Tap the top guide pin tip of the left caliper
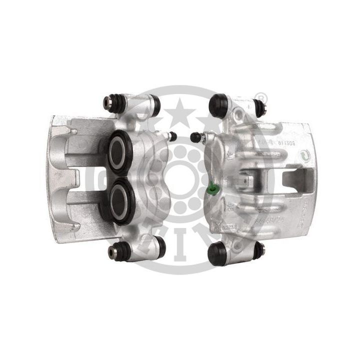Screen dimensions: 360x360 coord(107,102)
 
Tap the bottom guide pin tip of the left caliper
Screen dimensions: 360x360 coord(112,251)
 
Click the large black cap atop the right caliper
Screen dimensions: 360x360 coord(218,105)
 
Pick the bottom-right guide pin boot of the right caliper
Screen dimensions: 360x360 coord(257,249)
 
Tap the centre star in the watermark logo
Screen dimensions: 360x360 coord(180,108)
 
